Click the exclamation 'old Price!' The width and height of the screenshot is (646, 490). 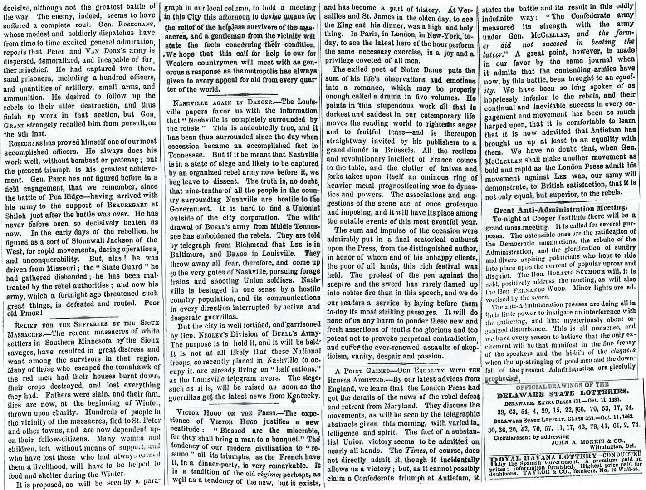(23, 313)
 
